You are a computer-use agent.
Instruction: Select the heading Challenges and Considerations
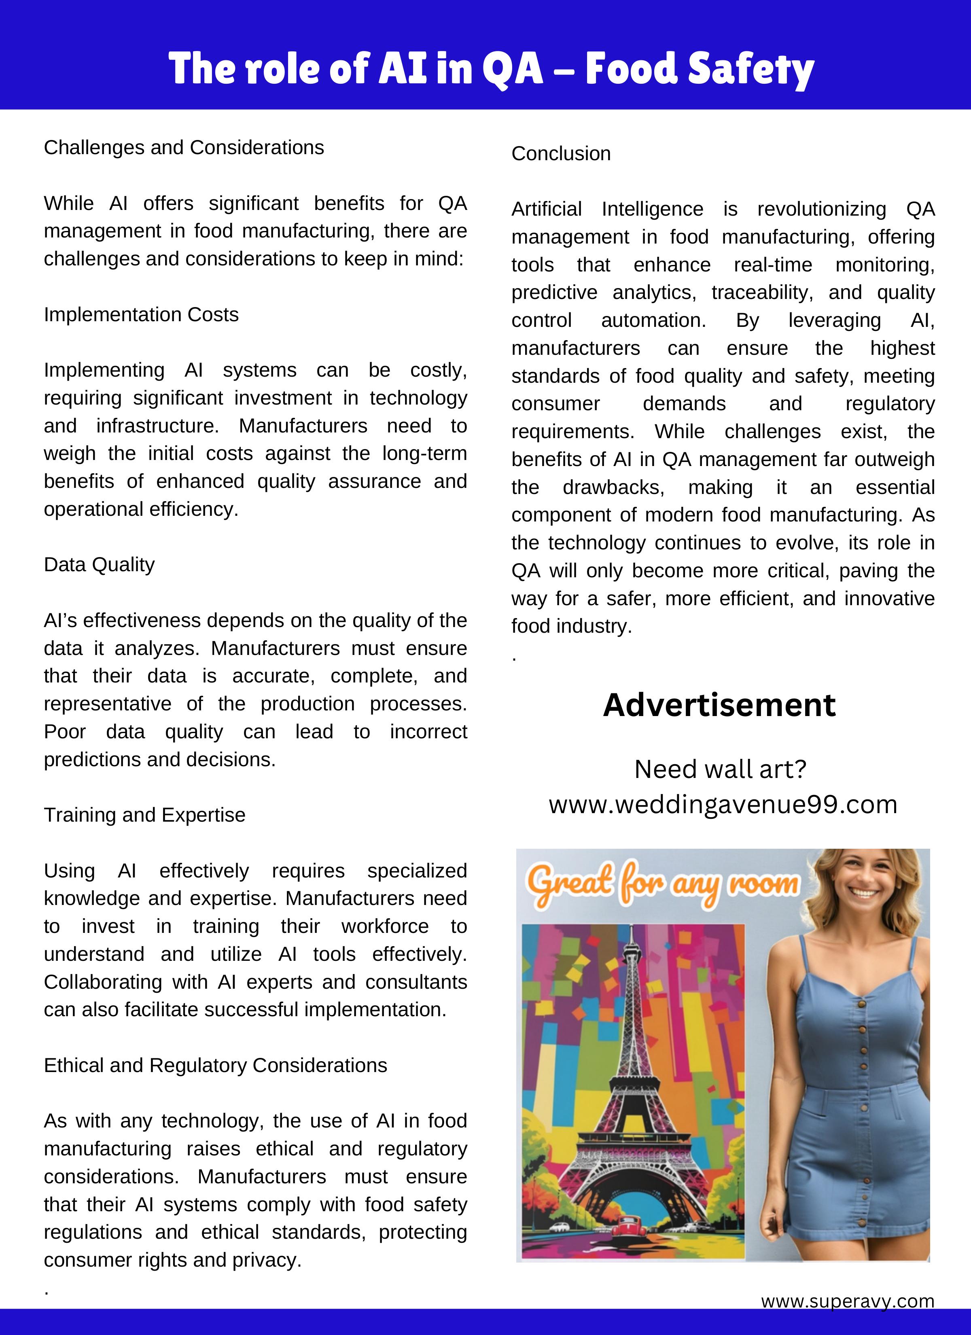(184, 147)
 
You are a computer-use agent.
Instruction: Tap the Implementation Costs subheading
(141, 314)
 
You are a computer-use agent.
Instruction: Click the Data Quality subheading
(99, 564)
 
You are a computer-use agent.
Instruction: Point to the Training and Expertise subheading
(144, 815)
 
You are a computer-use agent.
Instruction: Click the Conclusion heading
(561, 154)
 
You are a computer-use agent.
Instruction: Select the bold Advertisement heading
(719, 705)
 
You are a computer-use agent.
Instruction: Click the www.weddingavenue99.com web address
(723, 804)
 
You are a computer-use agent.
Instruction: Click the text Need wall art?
(720, 769)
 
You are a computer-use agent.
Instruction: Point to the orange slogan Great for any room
(662, 884)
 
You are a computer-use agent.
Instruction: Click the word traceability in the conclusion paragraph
(762, 292)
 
